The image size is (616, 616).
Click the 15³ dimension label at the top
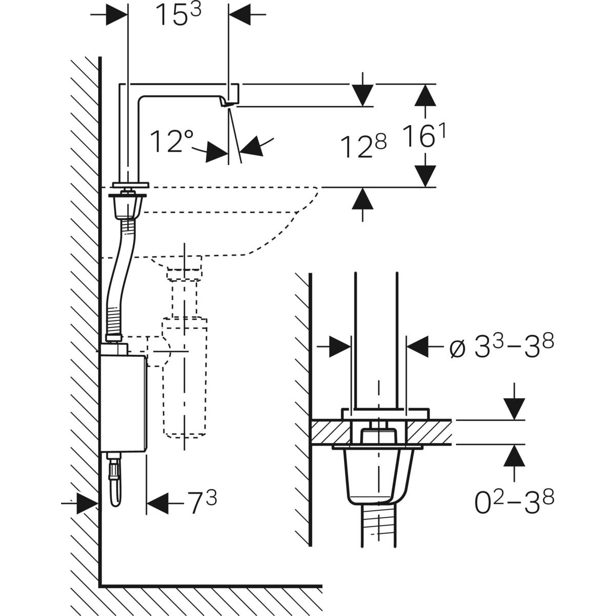178,15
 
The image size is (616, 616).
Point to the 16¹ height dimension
424,136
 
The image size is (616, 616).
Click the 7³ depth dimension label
201,502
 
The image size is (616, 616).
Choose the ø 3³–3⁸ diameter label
502,348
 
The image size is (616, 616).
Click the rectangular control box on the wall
123,400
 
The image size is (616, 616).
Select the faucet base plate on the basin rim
130,184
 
